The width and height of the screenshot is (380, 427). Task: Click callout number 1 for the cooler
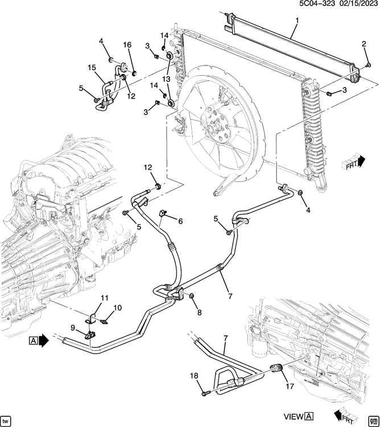pyautogui.click(x=297, y=20)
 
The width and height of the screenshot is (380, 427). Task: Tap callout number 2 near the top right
pyautogui.click(x=364, y=44)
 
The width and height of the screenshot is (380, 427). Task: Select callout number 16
pyautogui.click(x=127, y=45)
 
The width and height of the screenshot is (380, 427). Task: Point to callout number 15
pyautogui.click(x=92, y=67)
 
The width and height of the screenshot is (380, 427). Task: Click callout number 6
pyautogui.click(x=180, y=221)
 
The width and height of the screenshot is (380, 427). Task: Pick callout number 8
pyautogui.click(x=199, y=313)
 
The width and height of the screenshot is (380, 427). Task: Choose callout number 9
pyautogui.click(x=73, y=327)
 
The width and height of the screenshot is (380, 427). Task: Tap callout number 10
pyautogui.click(x=118, y=308)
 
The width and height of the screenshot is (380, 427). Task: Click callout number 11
pyautogui.click(x=105, y=298)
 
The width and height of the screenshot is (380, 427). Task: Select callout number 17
pyautogui.click(x=290, y=386)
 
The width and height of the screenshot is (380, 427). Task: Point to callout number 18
pyautogui.click(x=194, y=376)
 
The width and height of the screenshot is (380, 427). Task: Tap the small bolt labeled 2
pyautogui.click(x=368, y=65)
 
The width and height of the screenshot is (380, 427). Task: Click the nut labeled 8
pyautogui.click(x=191, y=295)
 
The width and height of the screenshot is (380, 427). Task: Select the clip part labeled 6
pyautogui.click(x=163, y=213)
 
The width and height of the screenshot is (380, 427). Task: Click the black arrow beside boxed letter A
pyautogui.click(x=44, y=340)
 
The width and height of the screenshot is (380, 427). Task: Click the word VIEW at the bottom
pyautogui.click(x=294, y=417)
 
